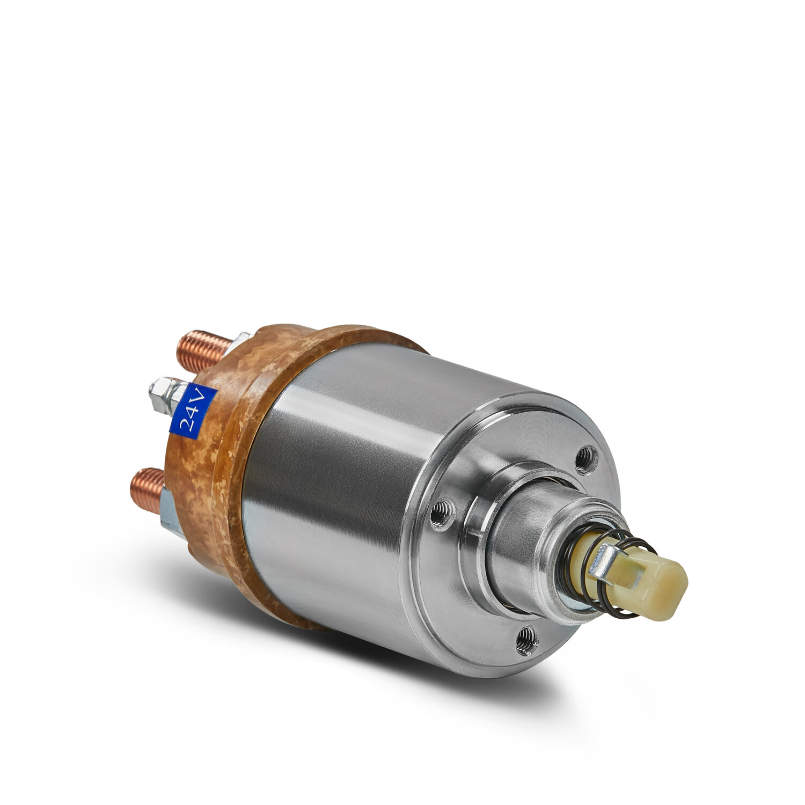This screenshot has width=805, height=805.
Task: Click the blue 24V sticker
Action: [x=193, y=411]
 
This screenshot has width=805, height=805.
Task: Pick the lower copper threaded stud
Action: [x=148, y=489]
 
